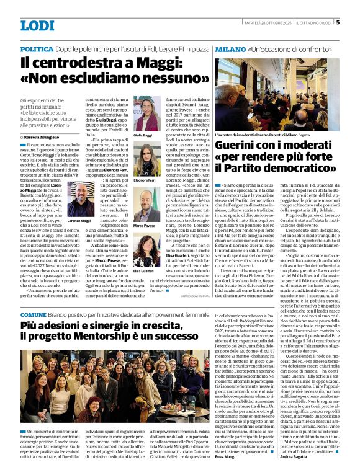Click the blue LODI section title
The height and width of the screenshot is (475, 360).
[x=37, y=25]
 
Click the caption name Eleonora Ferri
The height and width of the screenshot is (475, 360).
[x=143, y=180]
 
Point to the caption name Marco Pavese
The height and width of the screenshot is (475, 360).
[x=143, y=226]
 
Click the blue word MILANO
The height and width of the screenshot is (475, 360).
[x=230, y=48]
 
